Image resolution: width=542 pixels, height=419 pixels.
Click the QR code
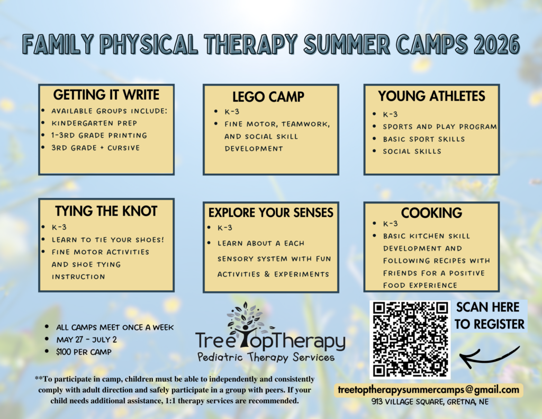410,340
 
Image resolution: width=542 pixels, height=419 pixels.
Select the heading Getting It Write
106,95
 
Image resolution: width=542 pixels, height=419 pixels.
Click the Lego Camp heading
268,97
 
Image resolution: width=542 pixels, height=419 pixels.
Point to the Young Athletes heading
431,96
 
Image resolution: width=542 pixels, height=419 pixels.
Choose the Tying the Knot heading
106,211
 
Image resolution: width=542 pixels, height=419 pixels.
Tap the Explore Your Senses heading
270,212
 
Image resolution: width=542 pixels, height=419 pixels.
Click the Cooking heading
431,213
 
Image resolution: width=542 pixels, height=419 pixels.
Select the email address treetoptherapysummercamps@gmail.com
429,390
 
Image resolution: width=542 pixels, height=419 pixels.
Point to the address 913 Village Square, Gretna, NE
430,402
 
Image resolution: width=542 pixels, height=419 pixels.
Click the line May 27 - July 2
86,340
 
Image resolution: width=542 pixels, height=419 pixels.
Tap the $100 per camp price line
84,352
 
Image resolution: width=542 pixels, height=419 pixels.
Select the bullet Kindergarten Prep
94,123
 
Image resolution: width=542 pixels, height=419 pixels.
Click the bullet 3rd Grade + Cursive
95,148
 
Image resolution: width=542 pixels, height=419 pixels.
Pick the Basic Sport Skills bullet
424,139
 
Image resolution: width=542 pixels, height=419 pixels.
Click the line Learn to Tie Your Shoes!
108,240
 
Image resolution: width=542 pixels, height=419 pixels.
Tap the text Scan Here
487,307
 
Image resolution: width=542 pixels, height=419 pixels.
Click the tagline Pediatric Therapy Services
266,357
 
